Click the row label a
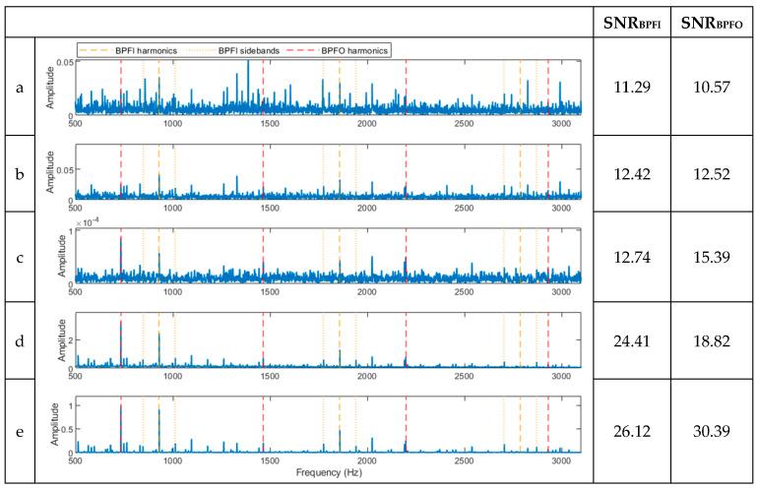click(x=19, y=88)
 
